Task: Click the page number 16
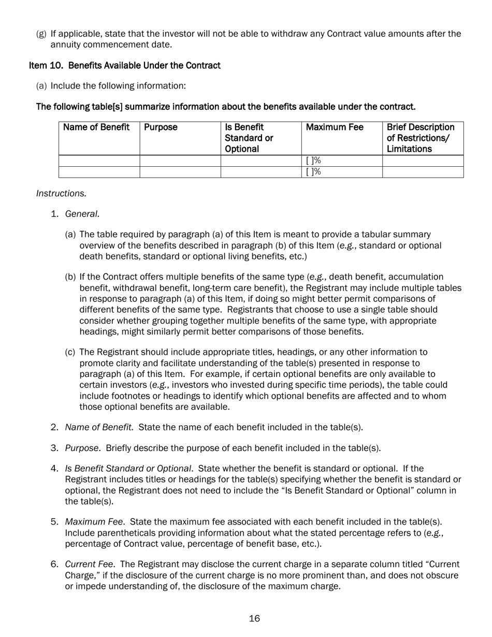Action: tap(254, 618)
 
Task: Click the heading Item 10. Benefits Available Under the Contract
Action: tap(124, 65)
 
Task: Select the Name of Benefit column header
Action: tap(96, 127)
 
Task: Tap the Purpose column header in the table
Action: tap(161, 127)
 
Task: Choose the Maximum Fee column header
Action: tap(335, 127)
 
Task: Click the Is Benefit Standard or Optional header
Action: tap(249, 138)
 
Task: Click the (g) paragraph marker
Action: tap(41, 34)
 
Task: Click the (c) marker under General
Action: tap(70, 352)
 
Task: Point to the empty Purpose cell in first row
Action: tap(180, 161)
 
